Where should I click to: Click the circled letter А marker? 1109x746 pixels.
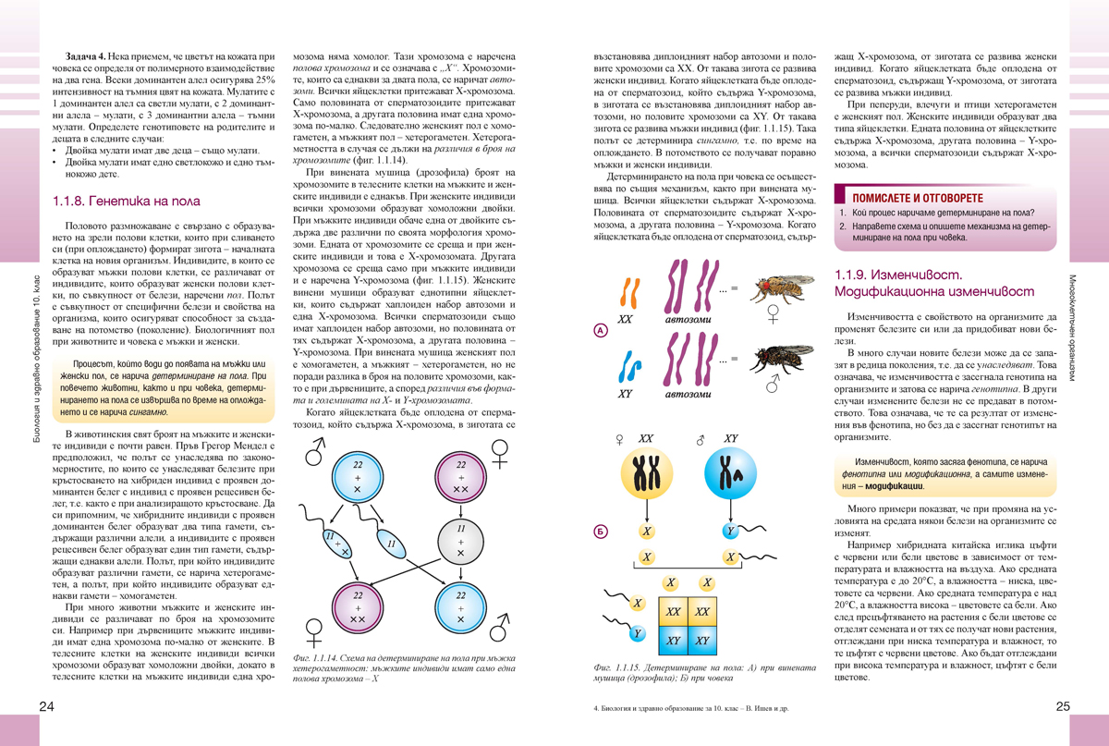pos(602,330)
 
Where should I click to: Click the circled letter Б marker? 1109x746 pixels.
pos(602,532)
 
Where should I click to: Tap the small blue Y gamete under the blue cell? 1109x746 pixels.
pos(730,532)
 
